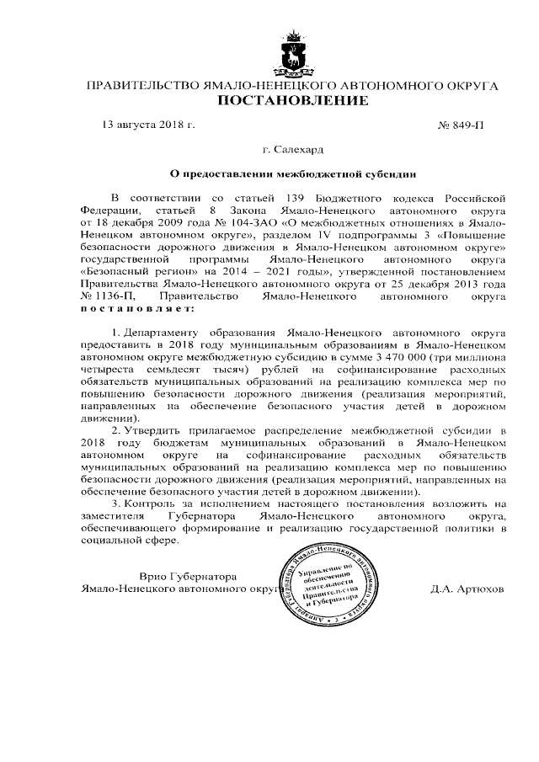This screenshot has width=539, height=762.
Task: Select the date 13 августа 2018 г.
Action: tap(147, 125)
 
